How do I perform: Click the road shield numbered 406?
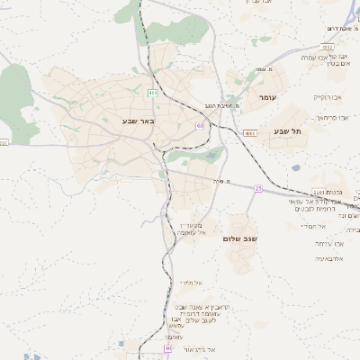(x=153, y=93)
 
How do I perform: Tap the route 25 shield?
(x=258, y=188)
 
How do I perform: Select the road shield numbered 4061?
(x=248, y=132)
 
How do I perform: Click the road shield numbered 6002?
(x=4, y=142)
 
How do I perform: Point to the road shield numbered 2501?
(x=319, y=193)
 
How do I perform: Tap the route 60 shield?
(x=200, y=125)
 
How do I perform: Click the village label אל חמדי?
(x=325, y=226)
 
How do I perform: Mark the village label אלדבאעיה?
(x=328, y=258)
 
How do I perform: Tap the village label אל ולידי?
(x=190, y=283)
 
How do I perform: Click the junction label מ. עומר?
(x=263, y=69)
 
